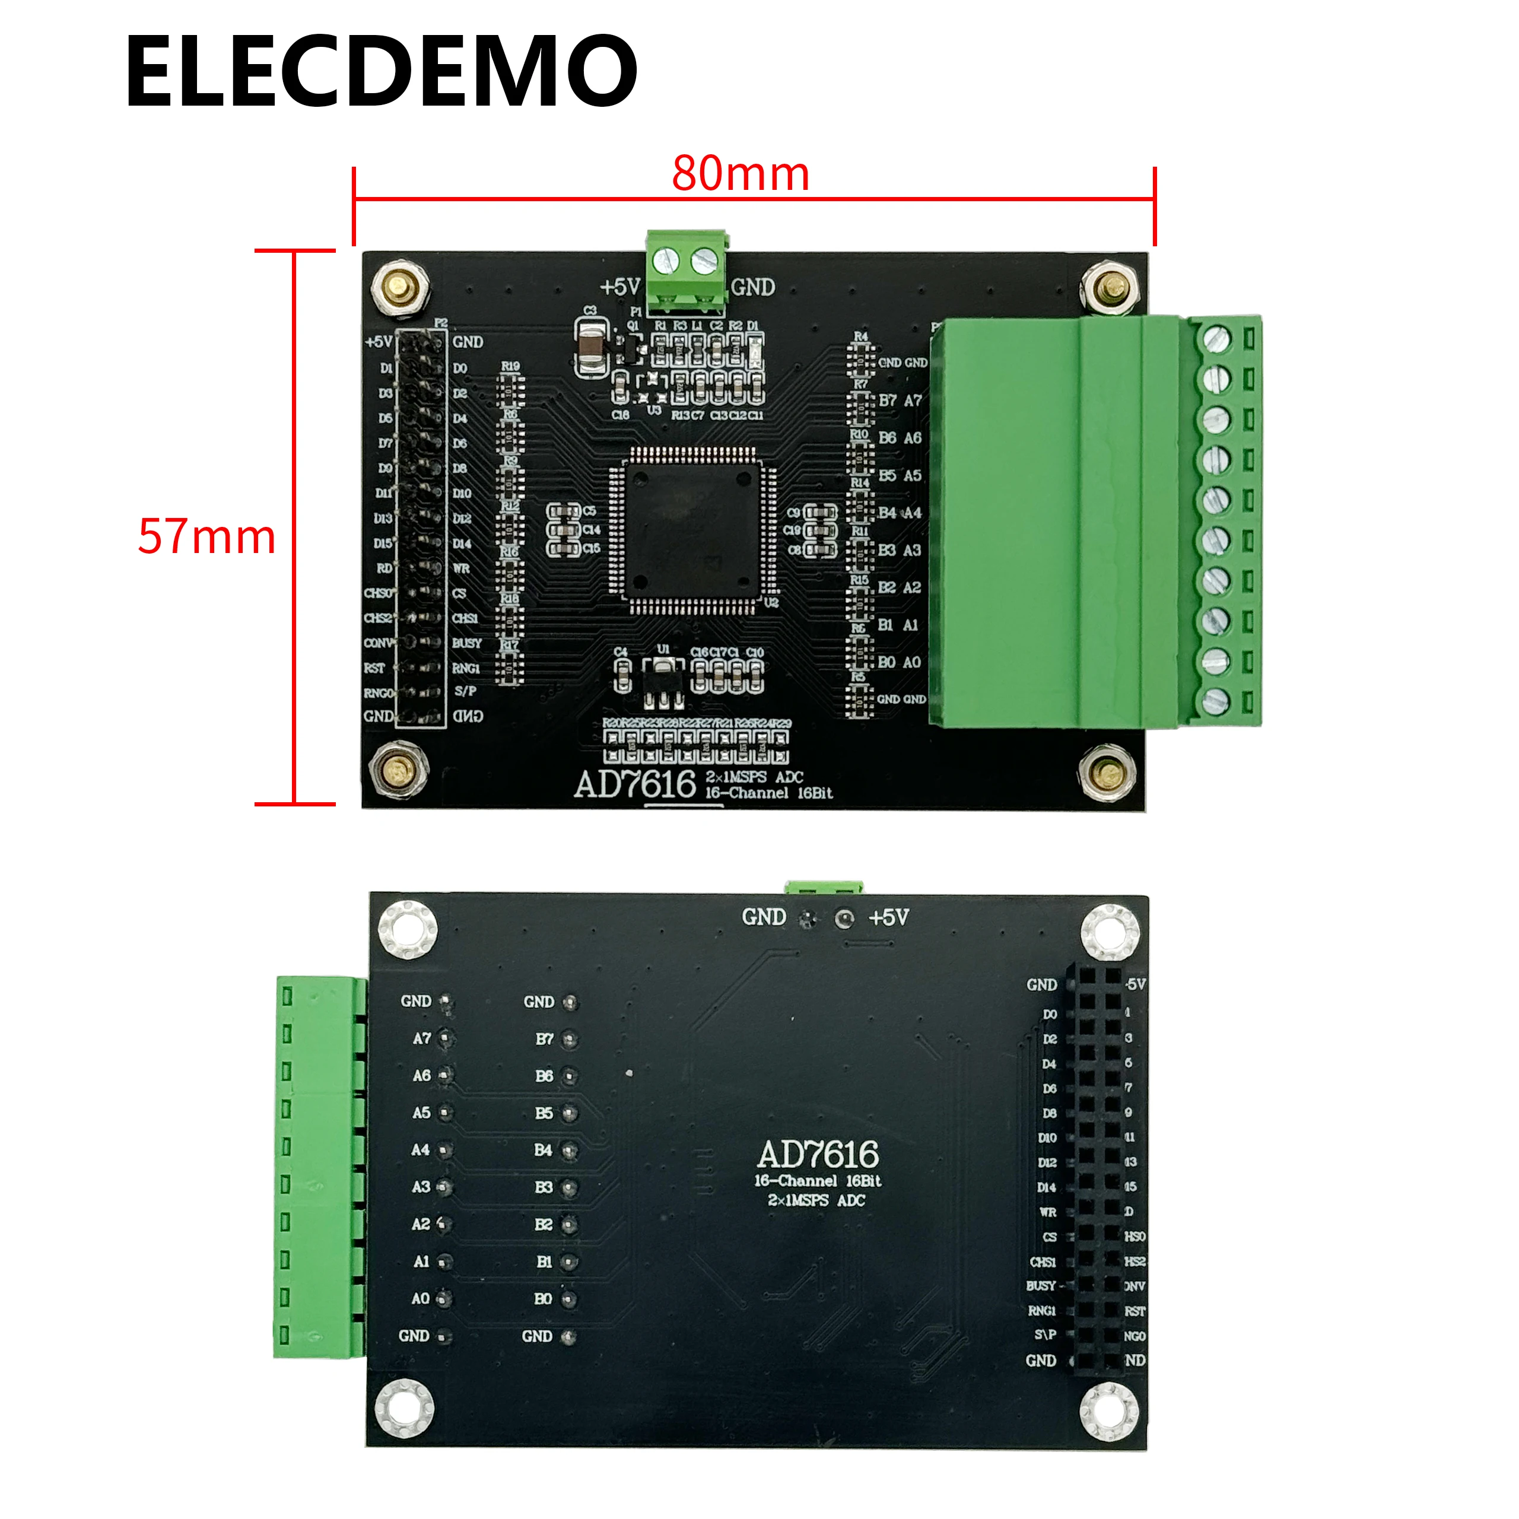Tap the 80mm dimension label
(740, 174)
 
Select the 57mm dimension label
(206, 536)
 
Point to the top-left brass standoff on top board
(400, 287)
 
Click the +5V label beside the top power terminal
(620, 287)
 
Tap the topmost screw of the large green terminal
(1216, 339)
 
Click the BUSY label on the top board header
(466, 643)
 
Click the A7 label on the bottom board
(422, 1038)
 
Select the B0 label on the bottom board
(544, 1298)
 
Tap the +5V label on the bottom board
(888, 917)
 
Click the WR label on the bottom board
(1048, 1212)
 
